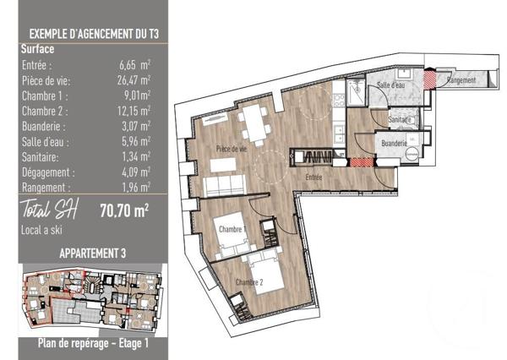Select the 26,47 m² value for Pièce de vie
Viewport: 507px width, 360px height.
coord(135,80)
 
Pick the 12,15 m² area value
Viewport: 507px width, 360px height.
coord(135,111)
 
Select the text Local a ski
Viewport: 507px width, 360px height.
coord(41,230)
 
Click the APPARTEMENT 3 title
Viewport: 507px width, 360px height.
coord(93,253)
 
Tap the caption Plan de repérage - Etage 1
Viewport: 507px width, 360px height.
coord(93,343)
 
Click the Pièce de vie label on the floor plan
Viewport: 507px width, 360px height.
coord(231,150)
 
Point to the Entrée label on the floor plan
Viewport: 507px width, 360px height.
coord(314,177)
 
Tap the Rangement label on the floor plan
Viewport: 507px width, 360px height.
coord(462,80)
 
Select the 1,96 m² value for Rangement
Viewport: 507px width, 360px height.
coord(135,187)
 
